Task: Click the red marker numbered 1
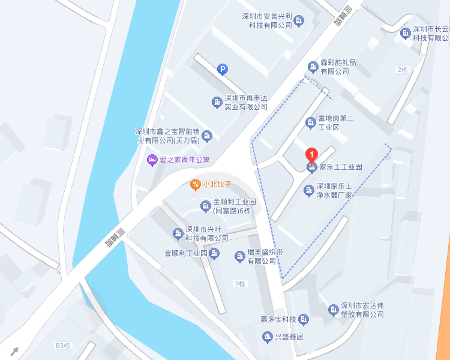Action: point(311,154)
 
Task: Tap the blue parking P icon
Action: point(222,70)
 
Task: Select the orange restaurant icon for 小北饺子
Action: point(195,184)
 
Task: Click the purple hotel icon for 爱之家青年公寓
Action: point(152,160)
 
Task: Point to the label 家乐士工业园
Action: point(340,167)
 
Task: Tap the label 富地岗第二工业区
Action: point(337,123)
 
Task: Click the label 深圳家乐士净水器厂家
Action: point(334,191)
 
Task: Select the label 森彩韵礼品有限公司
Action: point(338,67)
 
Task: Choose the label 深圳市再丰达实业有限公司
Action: point(245,102)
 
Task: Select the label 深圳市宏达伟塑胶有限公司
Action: point(362,310)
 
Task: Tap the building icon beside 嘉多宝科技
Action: point(304,319)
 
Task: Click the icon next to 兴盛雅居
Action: point(267,337)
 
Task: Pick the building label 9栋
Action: point(240,284)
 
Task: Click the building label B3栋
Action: point(63,346)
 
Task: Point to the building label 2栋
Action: point(402,70)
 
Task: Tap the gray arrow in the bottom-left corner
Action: point(14,351)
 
